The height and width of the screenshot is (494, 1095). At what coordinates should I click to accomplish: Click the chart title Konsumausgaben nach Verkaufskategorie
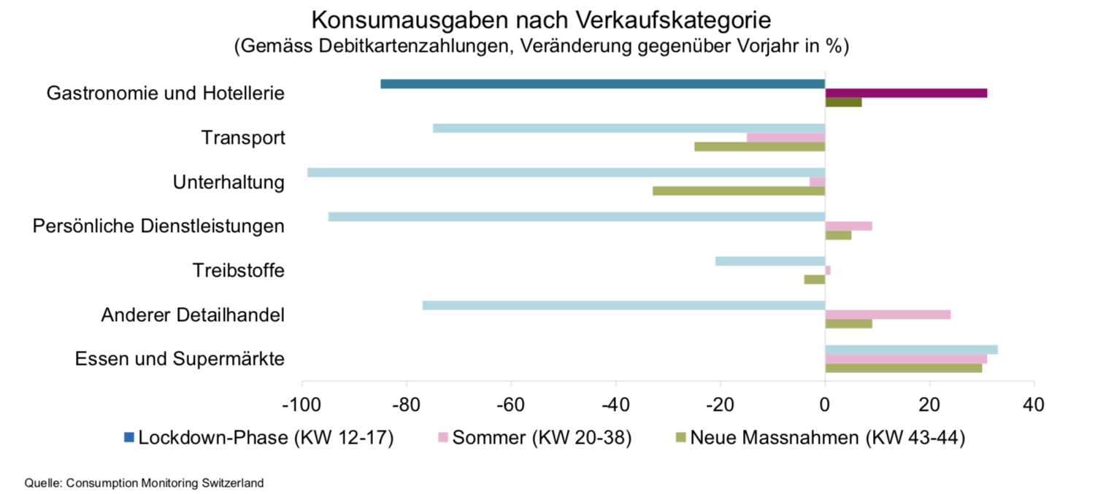pyautogui.click(x=541, y=19)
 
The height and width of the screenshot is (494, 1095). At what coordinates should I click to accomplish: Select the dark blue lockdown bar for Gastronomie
pyautogui.click(x=602, y=84)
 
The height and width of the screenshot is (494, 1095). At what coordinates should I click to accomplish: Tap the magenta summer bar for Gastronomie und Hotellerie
pyautogui.click(x=906, y=93)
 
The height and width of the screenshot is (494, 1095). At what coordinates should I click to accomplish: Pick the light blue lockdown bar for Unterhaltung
pyautogui.click(x=566, y=172)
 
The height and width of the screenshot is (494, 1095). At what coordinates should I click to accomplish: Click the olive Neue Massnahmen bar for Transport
pyautogui.click(x=759, y=147)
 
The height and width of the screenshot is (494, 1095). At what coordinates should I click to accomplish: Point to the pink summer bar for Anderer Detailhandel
pyautogui.click(x=888, y=314)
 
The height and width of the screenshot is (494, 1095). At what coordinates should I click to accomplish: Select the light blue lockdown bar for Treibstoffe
pyautogui.click(x=770, y=261)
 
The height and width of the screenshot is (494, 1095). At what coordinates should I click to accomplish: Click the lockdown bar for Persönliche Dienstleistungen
pyautogui.click(x=577, y=217)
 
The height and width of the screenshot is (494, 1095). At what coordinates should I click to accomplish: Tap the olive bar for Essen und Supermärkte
pyautogui.click(x=903, y=368)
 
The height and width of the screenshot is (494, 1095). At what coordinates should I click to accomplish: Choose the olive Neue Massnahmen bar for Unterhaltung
pyautogui.click(x=738, y=190)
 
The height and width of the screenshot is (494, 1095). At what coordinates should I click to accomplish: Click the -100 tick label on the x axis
pyautogui.click(x=301, y=404)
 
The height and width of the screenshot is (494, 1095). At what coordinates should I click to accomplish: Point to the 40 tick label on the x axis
pyautogui.click(x=1034, y=404)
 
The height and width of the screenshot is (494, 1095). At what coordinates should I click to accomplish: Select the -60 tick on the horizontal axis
pyautogui.click(x=510, y=404)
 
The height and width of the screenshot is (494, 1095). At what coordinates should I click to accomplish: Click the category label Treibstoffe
pyautogui.click(x=239, y=271)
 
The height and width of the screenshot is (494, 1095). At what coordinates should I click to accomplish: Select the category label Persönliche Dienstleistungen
pyautogui.click(x=158, y=226)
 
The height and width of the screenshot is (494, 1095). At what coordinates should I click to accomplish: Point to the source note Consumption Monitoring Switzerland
pyautogui.click(x=144, y=482)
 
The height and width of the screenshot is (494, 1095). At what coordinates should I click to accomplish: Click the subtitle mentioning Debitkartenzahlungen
pyautogui.click(x=541, y=47)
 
